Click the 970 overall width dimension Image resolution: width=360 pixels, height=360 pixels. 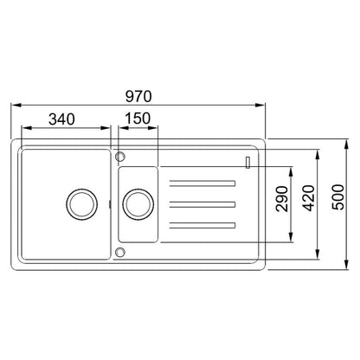pyautogui.click(x=138, y=97)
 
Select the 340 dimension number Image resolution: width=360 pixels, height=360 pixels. pyautogui.click(x=61, y=119)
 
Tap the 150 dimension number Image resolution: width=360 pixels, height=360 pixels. pyautogui.click(x=138, y=118)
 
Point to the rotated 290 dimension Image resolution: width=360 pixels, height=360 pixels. pyautogui.click(x=282, y=199)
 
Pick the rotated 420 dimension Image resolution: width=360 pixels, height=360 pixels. pyautogui.click(x=309, y=198)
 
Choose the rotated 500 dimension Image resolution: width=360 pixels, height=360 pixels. pyautogui.click(x=338, y=197)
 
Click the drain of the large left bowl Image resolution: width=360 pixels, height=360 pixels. pyautogui.click(x=82, y=204)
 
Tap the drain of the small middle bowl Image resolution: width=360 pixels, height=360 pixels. pyautogui.click(x=138, y=204)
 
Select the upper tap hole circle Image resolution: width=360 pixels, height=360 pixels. pyautogui.click(x=120, y=157)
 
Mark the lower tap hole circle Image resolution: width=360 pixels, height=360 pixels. pyautogui.click(x=120, y=252)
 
